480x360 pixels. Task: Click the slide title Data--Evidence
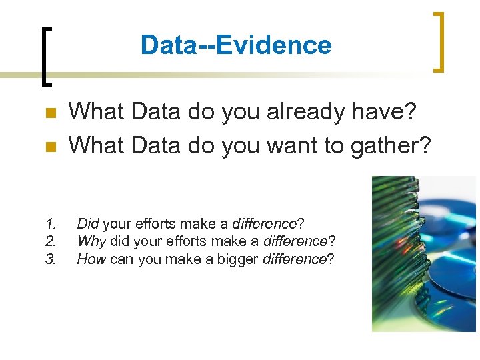point(236,45)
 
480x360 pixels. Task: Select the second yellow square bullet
point(49,146)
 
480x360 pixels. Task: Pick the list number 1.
point(51,223)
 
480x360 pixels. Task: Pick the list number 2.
point(51,241)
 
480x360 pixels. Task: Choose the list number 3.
point(51,259)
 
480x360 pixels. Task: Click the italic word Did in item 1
point(87,223)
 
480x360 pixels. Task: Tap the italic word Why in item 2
point(91,241)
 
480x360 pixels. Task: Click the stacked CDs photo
point(423,253)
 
